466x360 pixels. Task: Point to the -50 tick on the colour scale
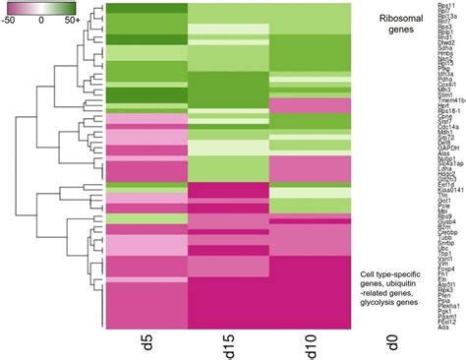(x=11, y=19)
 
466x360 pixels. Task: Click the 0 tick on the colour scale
(x=40, y=19)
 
